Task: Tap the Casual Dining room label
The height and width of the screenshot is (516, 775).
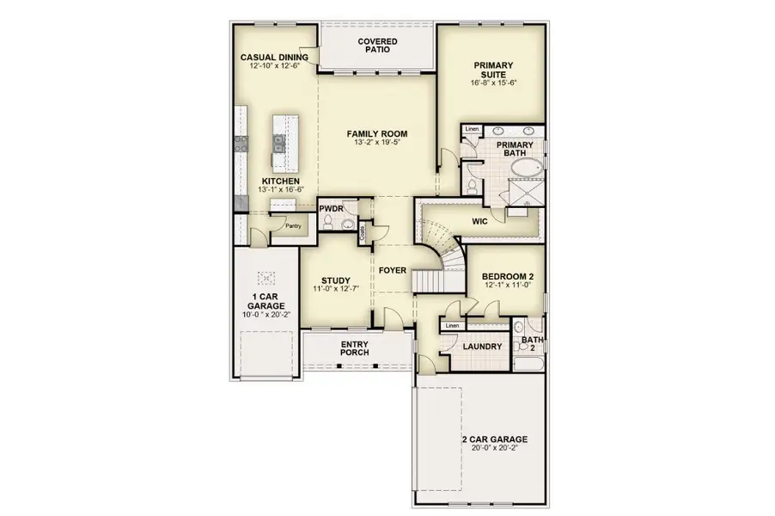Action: coord(275,57)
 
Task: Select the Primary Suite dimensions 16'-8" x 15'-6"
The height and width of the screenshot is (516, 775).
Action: coord(493,83)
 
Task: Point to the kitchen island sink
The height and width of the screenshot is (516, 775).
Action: coord(279,144)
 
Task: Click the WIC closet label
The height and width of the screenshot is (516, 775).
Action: coord(480,220)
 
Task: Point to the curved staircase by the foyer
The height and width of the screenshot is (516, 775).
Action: coord(440,249)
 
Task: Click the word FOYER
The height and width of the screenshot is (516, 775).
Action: coord(392,270)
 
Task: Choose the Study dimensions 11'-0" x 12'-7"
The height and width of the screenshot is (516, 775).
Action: coord(335,291)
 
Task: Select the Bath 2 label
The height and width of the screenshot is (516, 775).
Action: coord(531,344)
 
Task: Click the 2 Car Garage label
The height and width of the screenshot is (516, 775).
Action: coord(494,439)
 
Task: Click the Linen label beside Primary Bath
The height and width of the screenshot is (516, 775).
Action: coord(472,130)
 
